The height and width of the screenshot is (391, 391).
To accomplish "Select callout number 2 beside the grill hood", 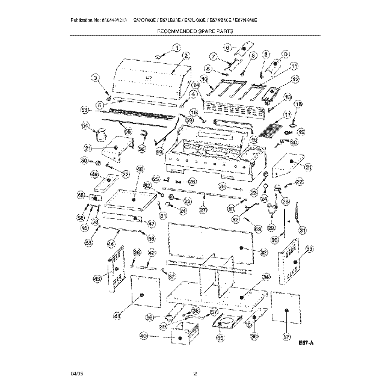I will pyautogui.click(x=186, y=55).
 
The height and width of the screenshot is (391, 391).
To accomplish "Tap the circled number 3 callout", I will pyautogui.click(x=95, y=77).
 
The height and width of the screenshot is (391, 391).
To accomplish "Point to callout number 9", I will pyautogui.click(x=286, y=54).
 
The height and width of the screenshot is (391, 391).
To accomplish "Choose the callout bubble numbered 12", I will pyautogui.click(x=295, y=79).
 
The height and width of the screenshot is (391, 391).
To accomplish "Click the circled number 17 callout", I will pyautogui.click(x=287, y=114).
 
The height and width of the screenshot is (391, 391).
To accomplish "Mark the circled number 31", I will pyautogui.click(x=303, y=229).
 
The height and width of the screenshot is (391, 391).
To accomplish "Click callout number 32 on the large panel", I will pyautogui.click(x=263, y=253).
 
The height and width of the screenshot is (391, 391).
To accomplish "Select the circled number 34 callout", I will pyautogui.click(x=266, y=277).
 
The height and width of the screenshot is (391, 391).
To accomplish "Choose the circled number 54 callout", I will pyautogui.click(x=85, y=126).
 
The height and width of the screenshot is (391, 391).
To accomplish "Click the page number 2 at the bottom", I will pyautogui.click(x=195, y=374).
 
